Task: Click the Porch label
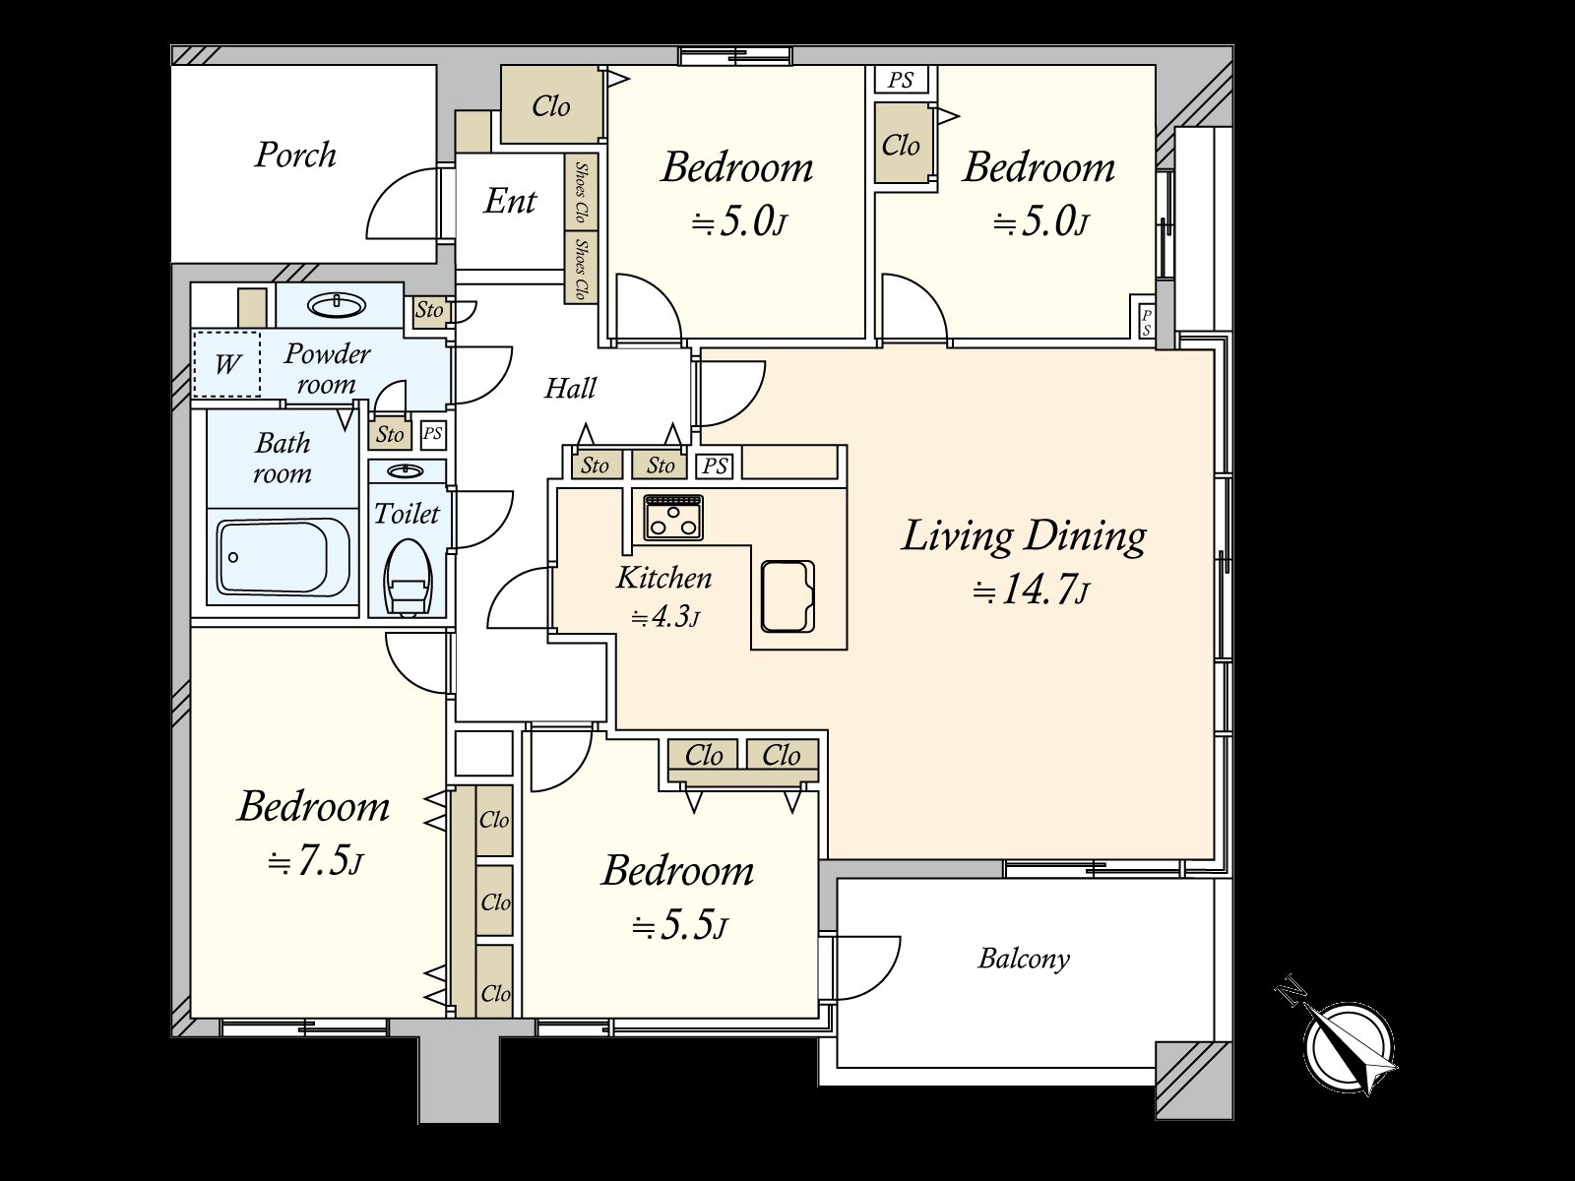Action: (295, 155)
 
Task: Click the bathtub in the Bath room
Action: (283, 556)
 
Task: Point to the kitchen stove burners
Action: (673, 517)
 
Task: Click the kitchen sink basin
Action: (787, 595)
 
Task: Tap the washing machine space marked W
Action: (226, 364)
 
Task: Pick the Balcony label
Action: (1023, 960)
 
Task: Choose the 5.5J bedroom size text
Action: (679, 926)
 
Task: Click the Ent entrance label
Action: (510, 201)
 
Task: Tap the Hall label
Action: (570, 389)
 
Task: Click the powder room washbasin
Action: (336, 306)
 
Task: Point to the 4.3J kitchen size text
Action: (664, 617)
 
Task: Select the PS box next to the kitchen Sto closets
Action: (715, 466)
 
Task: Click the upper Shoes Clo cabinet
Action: (581, 192)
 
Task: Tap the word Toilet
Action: (407, 514)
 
